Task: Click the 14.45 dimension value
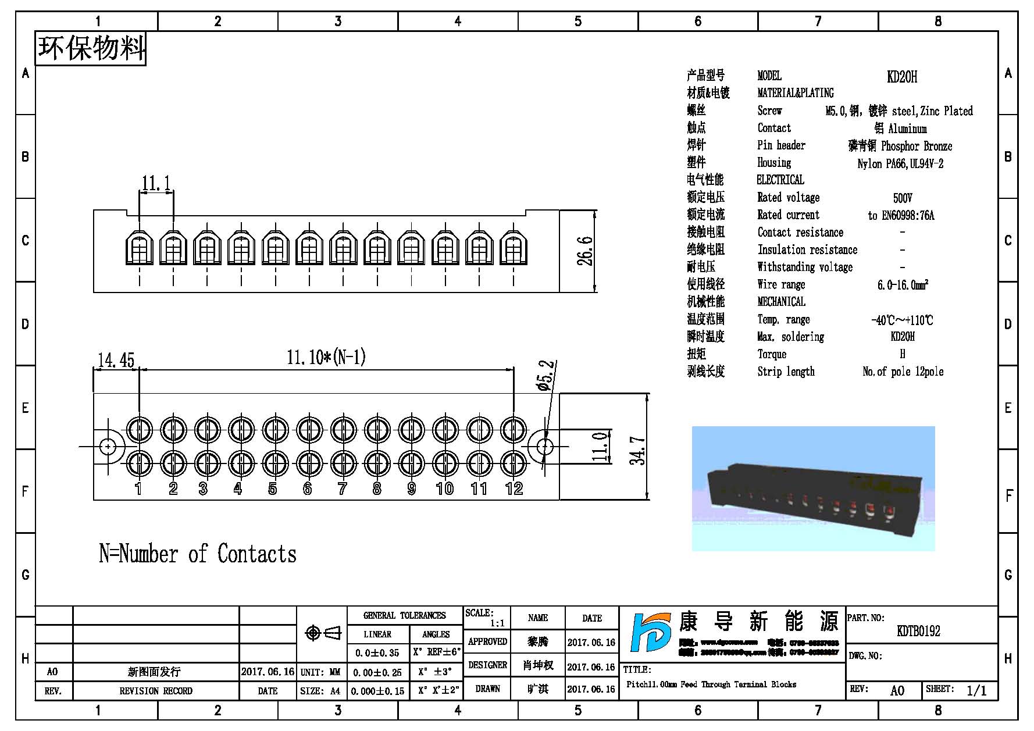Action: click(x=116, y=360)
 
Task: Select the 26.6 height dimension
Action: click(x=585, y=251)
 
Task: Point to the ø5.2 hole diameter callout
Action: click(x=547, y=375)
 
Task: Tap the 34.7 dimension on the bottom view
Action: click(x=638, y=451)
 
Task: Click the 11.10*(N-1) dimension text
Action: click(x=326, y=357)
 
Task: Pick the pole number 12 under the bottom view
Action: click(x=514, y=488)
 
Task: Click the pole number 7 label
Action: click(x=342, y=488)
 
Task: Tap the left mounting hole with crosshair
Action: click(x=108, y=447)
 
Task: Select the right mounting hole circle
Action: click(x=545, y=447)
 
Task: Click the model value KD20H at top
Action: click(x=902, y=76)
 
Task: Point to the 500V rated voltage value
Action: click(x=903, y=198)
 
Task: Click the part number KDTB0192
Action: click(x=918, y=631)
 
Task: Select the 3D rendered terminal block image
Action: click(x=813, y=488)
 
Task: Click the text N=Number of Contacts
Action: click(x=198, y=554)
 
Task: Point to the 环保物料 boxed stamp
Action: click(x=91, y=48)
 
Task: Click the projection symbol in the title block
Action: click(x=323, y=633)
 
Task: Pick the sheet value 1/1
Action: click(x=976, y=690)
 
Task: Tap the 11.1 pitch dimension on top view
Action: click(x=156, y=184)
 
